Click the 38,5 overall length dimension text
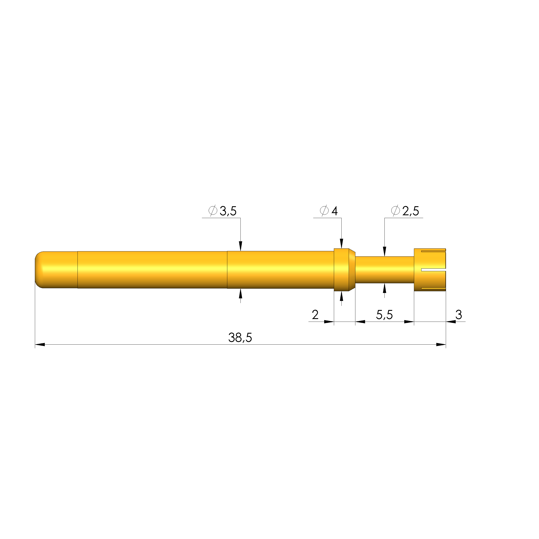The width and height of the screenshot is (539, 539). pos(240,338)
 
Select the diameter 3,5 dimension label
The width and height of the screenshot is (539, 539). pos(222,211)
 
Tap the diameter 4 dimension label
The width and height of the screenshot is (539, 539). pos(329,211)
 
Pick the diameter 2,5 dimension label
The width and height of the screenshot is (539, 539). pos(405,211)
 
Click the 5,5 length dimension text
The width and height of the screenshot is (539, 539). pos(384,315)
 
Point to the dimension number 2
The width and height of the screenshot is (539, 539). pos(315,315)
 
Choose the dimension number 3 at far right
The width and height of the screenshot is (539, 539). pos(459,315)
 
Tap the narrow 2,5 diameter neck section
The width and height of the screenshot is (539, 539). pos(384,269)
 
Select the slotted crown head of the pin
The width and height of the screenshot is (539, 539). pos(430,269)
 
